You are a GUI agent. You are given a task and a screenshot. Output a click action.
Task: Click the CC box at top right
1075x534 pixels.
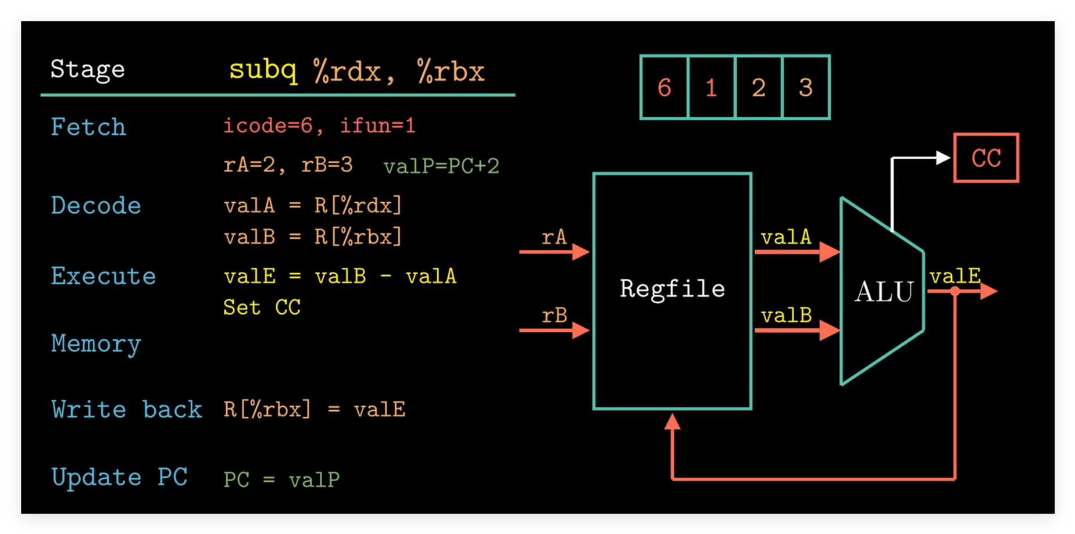986,158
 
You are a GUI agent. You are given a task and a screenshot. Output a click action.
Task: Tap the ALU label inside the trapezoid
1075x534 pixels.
884,292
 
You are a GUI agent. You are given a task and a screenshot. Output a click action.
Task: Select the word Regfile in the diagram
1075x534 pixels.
672,289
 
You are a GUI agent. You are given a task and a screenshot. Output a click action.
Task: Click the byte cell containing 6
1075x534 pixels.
664,88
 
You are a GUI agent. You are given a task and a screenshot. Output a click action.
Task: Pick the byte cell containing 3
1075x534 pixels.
805,88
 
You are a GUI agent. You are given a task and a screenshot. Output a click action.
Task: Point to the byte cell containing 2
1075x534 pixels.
758,88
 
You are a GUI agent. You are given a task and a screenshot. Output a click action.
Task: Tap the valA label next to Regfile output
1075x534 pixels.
785,237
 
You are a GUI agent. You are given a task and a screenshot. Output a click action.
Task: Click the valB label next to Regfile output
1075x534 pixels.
786,316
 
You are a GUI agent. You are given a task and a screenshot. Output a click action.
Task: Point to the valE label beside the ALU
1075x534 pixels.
955,276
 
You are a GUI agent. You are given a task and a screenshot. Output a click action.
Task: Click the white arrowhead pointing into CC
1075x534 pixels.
942,157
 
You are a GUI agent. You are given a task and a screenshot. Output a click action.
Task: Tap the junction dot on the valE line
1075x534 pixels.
955,292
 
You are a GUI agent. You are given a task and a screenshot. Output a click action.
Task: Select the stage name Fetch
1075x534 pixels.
88,127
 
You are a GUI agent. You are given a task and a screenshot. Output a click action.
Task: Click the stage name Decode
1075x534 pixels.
96,206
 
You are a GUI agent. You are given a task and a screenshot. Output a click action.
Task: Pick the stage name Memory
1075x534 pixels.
96,344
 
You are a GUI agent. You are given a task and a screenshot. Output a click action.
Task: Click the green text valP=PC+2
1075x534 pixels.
441,166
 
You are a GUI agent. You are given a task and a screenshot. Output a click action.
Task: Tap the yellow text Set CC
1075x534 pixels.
262,307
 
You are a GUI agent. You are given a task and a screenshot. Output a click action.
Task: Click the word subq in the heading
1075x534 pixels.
263,70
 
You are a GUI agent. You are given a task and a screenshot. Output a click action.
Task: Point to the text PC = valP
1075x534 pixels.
282,479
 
